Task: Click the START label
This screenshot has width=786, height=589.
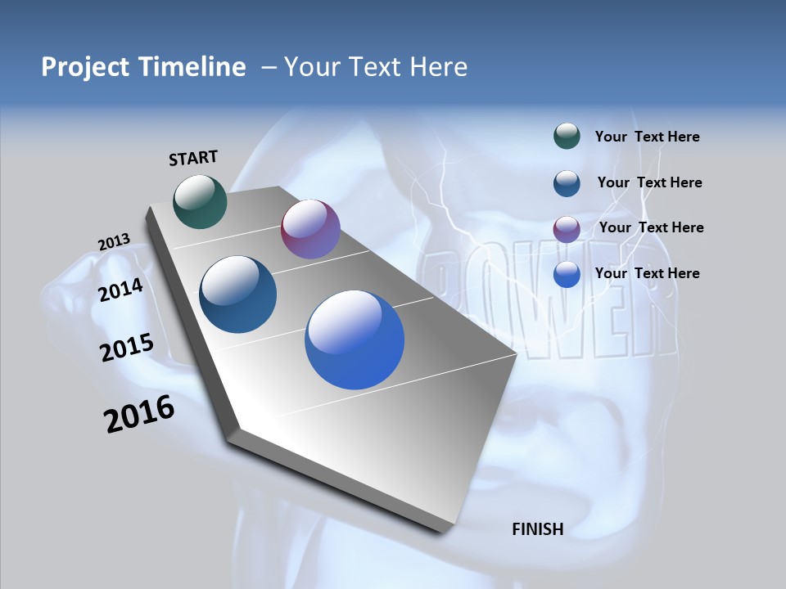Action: point(193,158)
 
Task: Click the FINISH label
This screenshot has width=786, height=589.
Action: point(537,529)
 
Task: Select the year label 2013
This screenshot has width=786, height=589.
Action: point(114,242)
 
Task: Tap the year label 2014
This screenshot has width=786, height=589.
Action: point(120,290)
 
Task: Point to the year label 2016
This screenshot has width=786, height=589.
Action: point(139,414)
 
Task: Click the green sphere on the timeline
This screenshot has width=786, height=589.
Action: point(200,201)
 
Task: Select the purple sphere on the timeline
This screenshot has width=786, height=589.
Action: point(310,229)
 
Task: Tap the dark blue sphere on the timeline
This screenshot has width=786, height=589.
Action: point(238,294)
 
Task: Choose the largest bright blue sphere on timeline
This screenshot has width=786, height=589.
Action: point(355,339)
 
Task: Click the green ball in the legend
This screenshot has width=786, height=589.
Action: point(567,136)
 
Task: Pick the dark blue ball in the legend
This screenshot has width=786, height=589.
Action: point(567,183)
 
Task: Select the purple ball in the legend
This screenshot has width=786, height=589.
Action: point(567,229)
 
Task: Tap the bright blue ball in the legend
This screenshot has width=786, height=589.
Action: point(567,274)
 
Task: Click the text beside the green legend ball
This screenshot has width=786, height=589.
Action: point(647,137)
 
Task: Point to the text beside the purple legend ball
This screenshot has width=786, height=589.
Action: point(651,227)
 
